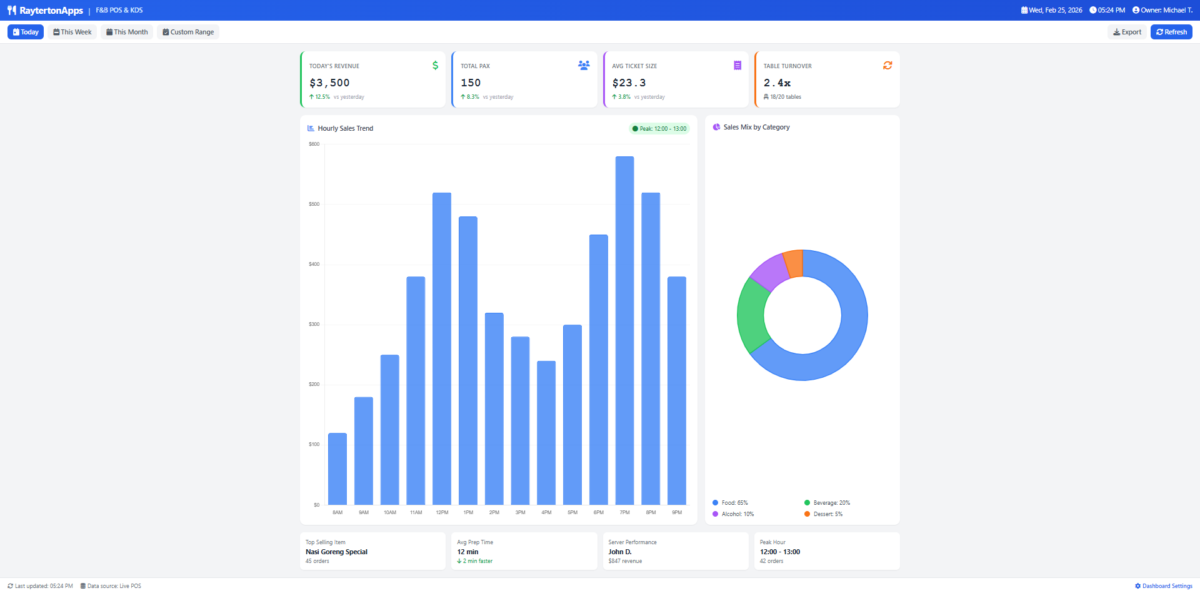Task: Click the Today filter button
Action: [x=26, y=32]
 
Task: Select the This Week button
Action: [x=72, y=32]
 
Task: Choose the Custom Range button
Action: [x=188, y=32]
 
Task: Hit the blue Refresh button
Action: [x=1171, y=32]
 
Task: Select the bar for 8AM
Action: [x=337, y=469]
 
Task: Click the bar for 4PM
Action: [x=546, y=432]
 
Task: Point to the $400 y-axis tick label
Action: [x=314, y=264]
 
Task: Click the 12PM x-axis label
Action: [x=442, y=512]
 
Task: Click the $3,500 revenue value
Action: [x=329, y=83]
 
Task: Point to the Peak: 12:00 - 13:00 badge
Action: [x=659, y=129]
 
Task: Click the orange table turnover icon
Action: [x=887, y=66]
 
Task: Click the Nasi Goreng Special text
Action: [x=336, y=552]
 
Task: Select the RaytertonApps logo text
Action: [x=51, y=11]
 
